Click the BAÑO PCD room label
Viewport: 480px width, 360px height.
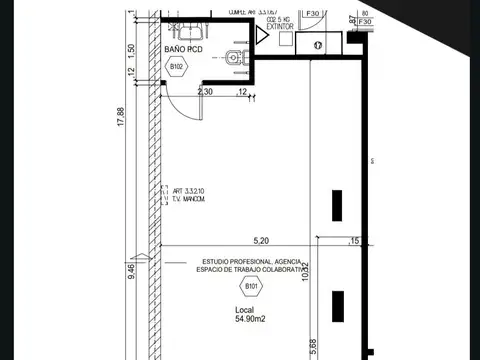185,48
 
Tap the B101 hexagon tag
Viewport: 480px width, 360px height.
250,289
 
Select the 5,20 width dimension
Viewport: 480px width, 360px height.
262,240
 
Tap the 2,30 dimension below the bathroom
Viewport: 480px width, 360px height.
206,92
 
